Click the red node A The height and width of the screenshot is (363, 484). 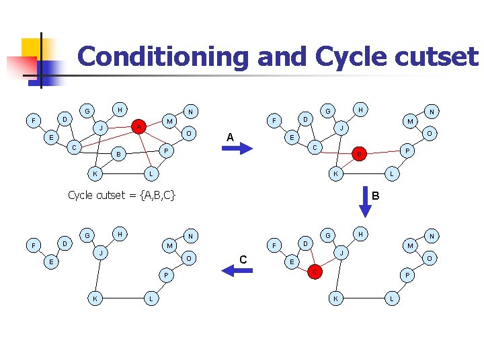pyautogui.click(x=138, y=126)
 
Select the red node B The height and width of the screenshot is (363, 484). pyautogui.click(x=360, y=155)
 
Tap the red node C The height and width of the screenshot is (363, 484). pyautogui.click(x=313, y=272)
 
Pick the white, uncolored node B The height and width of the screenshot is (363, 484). pyautogui.click(x=119, y=155)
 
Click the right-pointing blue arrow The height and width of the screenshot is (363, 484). pyautogui.click(x=235, y=150)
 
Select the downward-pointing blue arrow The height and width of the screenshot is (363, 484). pyautogui.click(x=366, y=206)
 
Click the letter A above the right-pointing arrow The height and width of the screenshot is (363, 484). pyautogui.click(x=230, y=137)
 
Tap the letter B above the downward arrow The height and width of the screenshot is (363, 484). pyautogui.click(x=376, y=196)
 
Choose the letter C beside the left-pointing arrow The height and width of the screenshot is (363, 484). pyautogui.click(x=243, y=259)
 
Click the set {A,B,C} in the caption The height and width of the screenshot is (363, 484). pyautogui.click(x=152, y=195)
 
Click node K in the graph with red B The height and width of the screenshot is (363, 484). pyautogui.click(x=335, y=175)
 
